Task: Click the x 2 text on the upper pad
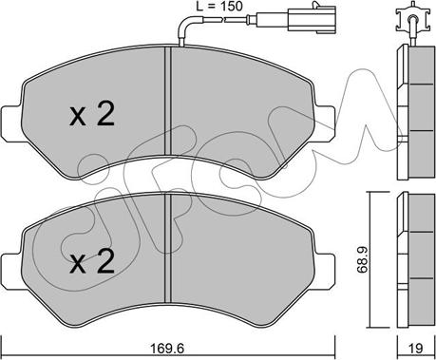[92, 115]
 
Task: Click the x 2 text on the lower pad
[92, 259]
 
